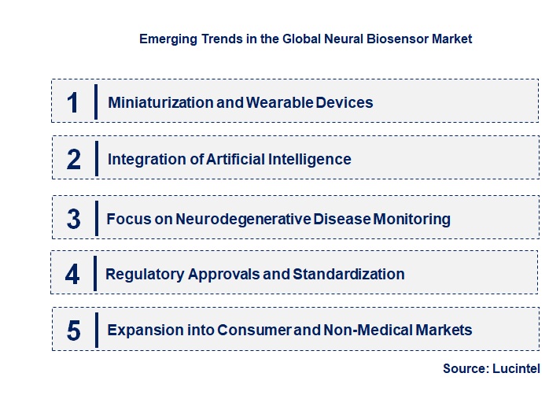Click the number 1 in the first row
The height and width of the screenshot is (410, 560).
point(72,102)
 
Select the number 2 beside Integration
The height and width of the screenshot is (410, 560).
point(74,159)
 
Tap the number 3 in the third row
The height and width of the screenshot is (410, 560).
point(74,219)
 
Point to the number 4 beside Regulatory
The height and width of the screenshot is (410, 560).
point(72,274)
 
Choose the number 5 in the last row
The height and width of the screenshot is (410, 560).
point(74,331)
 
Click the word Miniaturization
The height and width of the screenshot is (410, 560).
point(160,102)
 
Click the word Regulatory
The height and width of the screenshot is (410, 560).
point(145,274)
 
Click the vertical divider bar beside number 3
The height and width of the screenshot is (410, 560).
point(95,217)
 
